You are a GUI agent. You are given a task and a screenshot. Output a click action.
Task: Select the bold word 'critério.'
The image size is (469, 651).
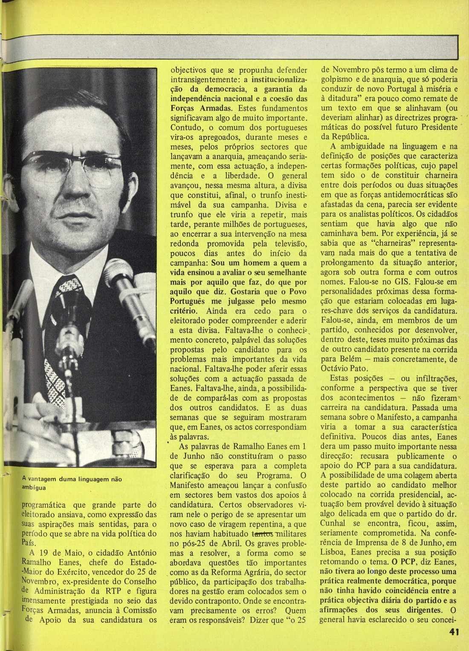[185, 311]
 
